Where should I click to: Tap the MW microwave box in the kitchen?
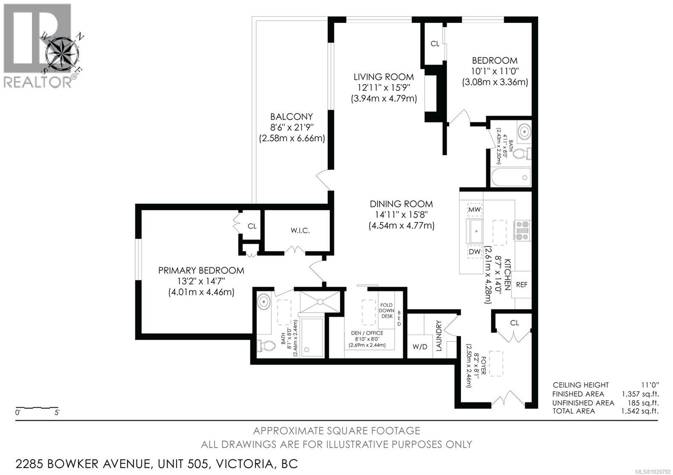[474, 209]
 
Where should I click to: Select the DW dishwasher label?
[474, 252]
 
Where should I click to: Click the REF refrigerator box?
[522, 285]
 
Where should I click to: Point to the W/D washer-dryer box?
[420, 346]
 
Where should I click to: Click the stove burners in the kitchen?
[522, 230]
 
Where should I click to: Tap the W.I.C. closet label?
[300, 230]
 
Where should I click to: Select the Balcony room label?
[291, 116]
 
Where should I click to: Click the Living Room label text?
[383, 77]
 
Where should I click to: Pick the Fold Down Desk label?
[386, 310]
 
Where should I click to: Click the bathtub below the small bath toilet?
[511, 177]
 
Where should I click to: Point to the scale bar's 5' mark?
[57, 412]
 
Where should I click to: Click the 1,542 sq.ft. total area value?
[640, 411]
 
